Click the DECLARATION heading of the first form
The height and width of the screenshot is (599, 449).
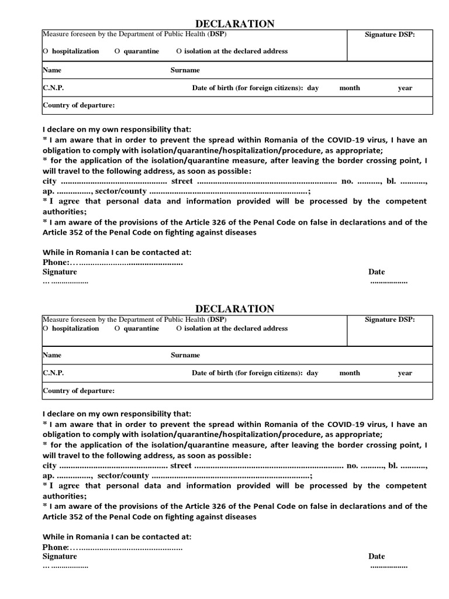[x=234, y=24]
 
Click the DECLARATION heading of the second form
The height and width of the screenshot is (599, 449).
[x=234, y=308]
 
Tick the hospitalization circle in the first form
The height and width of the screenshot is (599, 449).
[x=46, y=51]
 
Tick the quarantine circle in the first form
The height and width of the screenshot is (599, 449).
[x=117, y=51]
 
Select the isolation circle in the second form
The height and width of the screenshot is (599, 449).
[x=179, y=329]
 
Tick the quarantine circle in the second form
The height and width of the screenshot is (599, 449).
[x=117, y=329]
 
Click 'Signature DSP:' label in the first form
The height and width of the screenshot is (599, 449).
[x=390, y=35]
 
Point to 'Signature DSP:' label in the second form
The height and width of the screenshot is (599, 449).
[x=390, y=319]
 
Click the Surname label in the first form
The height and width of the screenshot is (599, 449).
[x=185, y=70]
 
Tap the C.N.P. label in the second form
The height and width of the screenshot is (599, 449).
[x=53, y=373]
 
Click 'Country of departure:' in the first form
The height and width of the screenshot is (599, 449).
[x=78, y=106]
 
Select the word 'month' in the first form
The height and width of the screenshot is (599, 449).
[x=350, y=88]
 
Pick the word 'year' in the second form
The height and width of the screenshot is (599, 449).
[x=405, y=373]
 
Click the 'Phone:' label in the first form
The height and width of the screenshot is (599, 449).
[x=56, y=263]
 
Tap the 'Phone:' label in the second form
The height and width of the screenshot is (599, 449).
[x=56, y=547]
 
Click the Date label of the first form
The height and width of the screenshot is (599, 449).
[x=377, y=272]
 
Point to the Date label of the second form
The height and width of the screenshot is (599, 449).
[x=377, y=556]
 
